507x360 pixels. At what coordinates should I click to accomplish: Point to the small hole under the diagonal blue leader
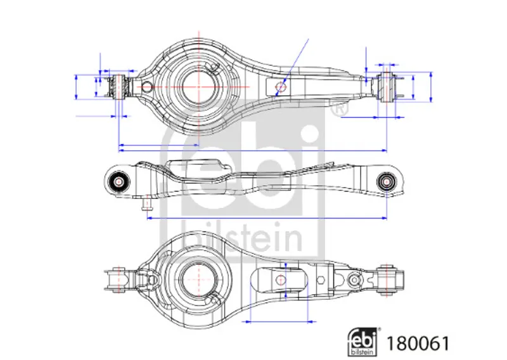click(282, 86)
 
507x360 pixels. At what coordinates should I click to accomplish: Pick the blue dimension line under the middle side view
click(266, 217)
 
